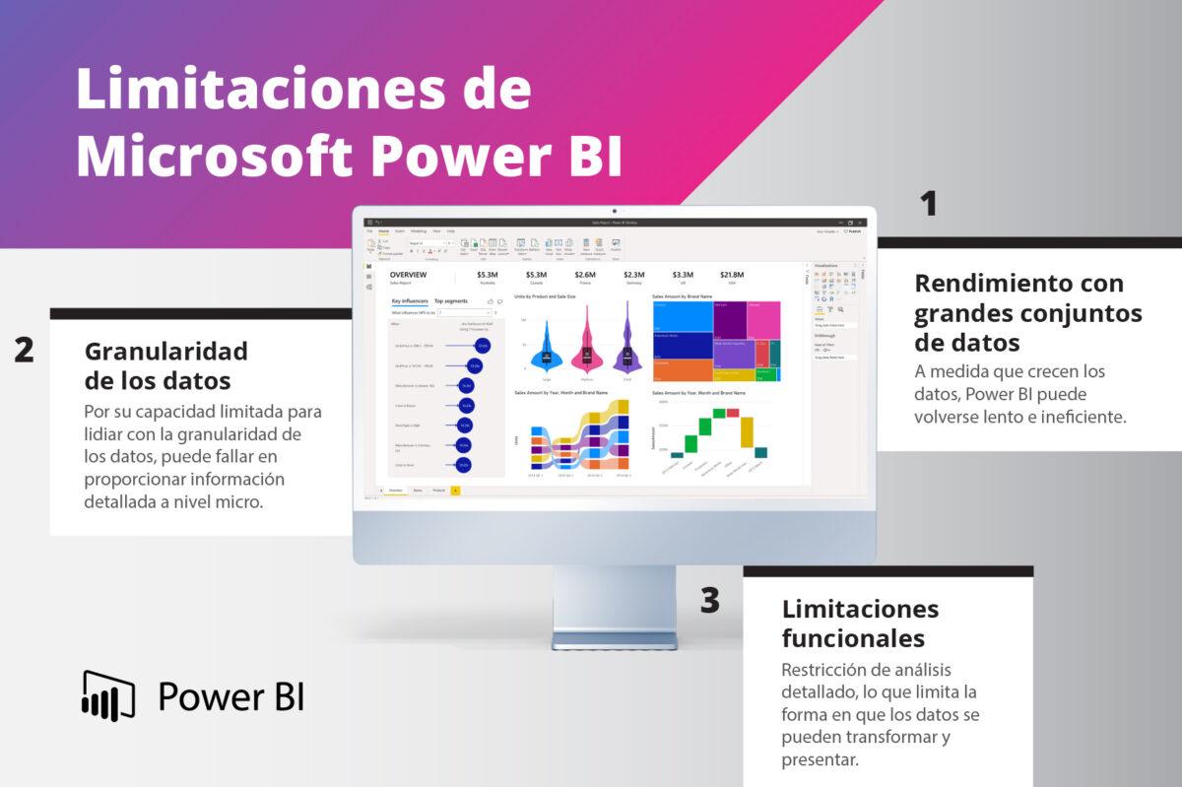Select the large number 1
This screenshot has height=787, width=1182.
pyautogui.click(x=927, y=204)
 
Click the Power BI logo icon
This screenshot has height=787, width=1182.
pyautogui.click(x=107, y=695)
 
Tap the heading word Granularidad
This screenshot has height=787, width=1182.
pyautogui.click(x=165, y=351)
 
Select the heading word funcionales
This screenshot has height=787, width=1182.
pyautogui.click(x=853, y=638)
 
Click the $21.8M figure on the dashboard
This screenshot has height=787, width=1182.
pyautogui.click(x=732, y=275)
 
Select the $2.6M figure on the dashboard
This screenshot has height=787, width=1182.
pyautogui.click(x=585, y=275)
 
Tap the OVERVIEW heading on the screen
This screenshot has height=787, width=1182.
pyautogui.click(x=408, y=275)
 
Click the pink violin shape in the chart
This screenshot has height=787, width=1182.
pyautogui.click(x=587, y=351)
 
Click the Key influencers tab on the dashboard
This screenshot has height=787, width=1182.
pyautogui.click(x=409, y=300)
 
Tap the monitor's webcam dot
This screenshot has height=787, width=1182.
pyautogui.click(x=614, y=211)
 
